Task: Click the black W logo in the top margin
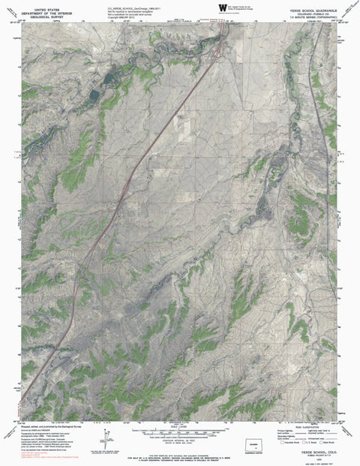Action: click(x=222, y=7)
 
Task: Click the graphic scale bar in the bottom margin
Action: click(x=181, y=430)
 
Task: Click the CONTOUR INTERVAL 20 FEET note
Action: click(x=180, y=438)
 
